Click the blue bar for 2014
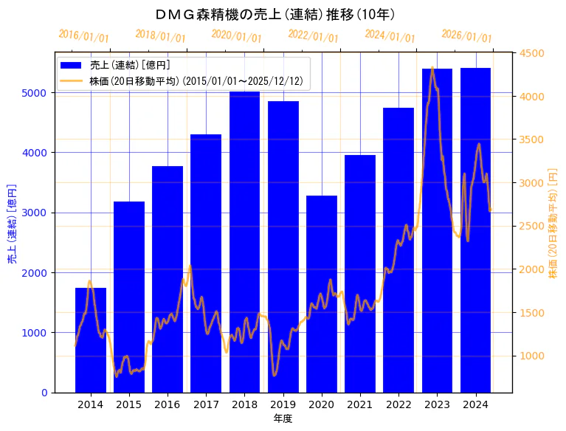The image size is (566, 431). [x=91, y=339]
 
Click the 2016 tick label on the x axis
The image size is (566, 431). [x=168, y=404]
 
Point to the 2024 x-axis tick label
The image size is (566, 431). [x=475, y=404]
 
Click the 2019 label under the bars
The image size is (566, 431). [x=283, y=404]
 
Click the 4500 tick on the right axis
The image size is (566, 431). [x=531, y=53]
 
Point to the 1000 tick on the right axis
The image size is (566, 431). [x=531, y=356]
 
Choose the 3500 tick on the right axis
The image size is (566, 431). [x=531, y=139]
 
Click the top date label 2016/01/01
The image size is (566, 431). [x=83, y=36]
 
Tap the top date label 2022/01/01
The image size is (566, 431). [x=314, y=36]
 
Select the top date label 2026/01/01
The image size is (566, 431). [x=466, y=36]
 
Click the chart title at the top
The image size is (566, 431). [x=276, y=14]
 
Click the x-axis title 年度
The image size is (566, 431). [x=283, y=418]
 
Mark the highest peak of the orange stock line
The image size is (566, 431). [x=432, y=68]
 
